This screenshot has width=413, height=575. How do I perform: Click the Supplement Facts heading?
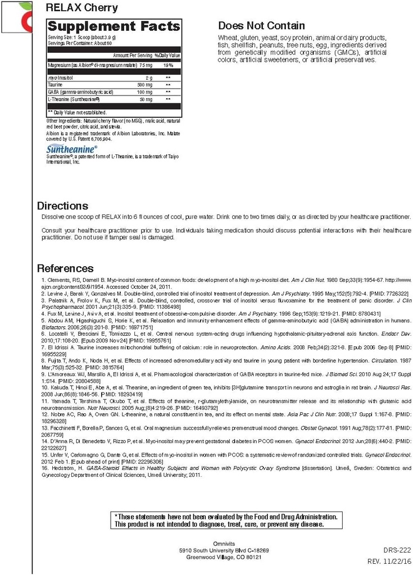point(114,26)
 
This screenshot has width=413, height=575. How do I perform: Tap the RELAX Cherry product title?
point(82,8)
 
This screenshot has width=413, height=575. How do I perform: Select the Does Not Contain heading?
point(261,26)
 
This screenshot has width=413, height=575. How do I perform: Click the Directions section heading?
point(62,206)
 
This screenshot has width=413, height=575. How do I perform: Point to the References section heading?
point(65,268)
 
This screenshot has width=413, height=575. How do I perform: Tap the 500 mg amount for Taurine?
point(144,84)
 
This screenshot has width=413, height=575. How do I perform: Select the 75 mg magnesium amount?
point(146,65)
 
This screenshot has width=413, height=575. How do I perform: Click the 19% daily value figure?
point(168,65)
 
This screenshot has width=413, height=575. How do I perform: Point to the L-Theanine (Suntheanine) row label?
point(74,99)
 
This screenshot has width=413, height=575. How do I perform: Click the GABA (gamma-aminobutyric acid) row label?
point(81,92)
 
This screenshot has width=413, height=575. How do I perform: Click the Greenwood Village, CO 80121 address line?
point(224,557)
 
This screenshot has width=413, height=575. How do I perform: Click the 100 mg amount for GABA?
point(144,92)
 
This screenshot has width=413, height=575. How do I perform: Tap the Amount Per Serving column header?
point(133,55)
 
